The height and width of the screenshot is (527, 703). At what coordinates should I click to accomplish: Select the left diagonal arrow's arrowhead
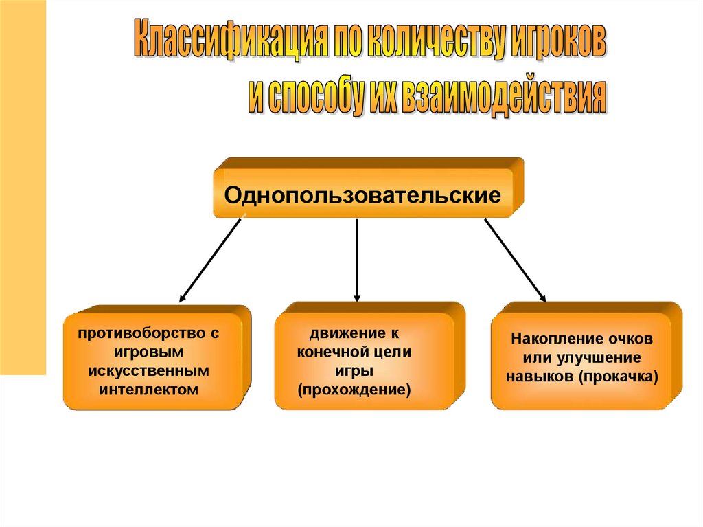click(183, 300)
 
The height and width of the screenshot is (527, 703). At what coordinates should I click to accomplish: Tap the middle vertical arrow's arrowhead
click(357, 297)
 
